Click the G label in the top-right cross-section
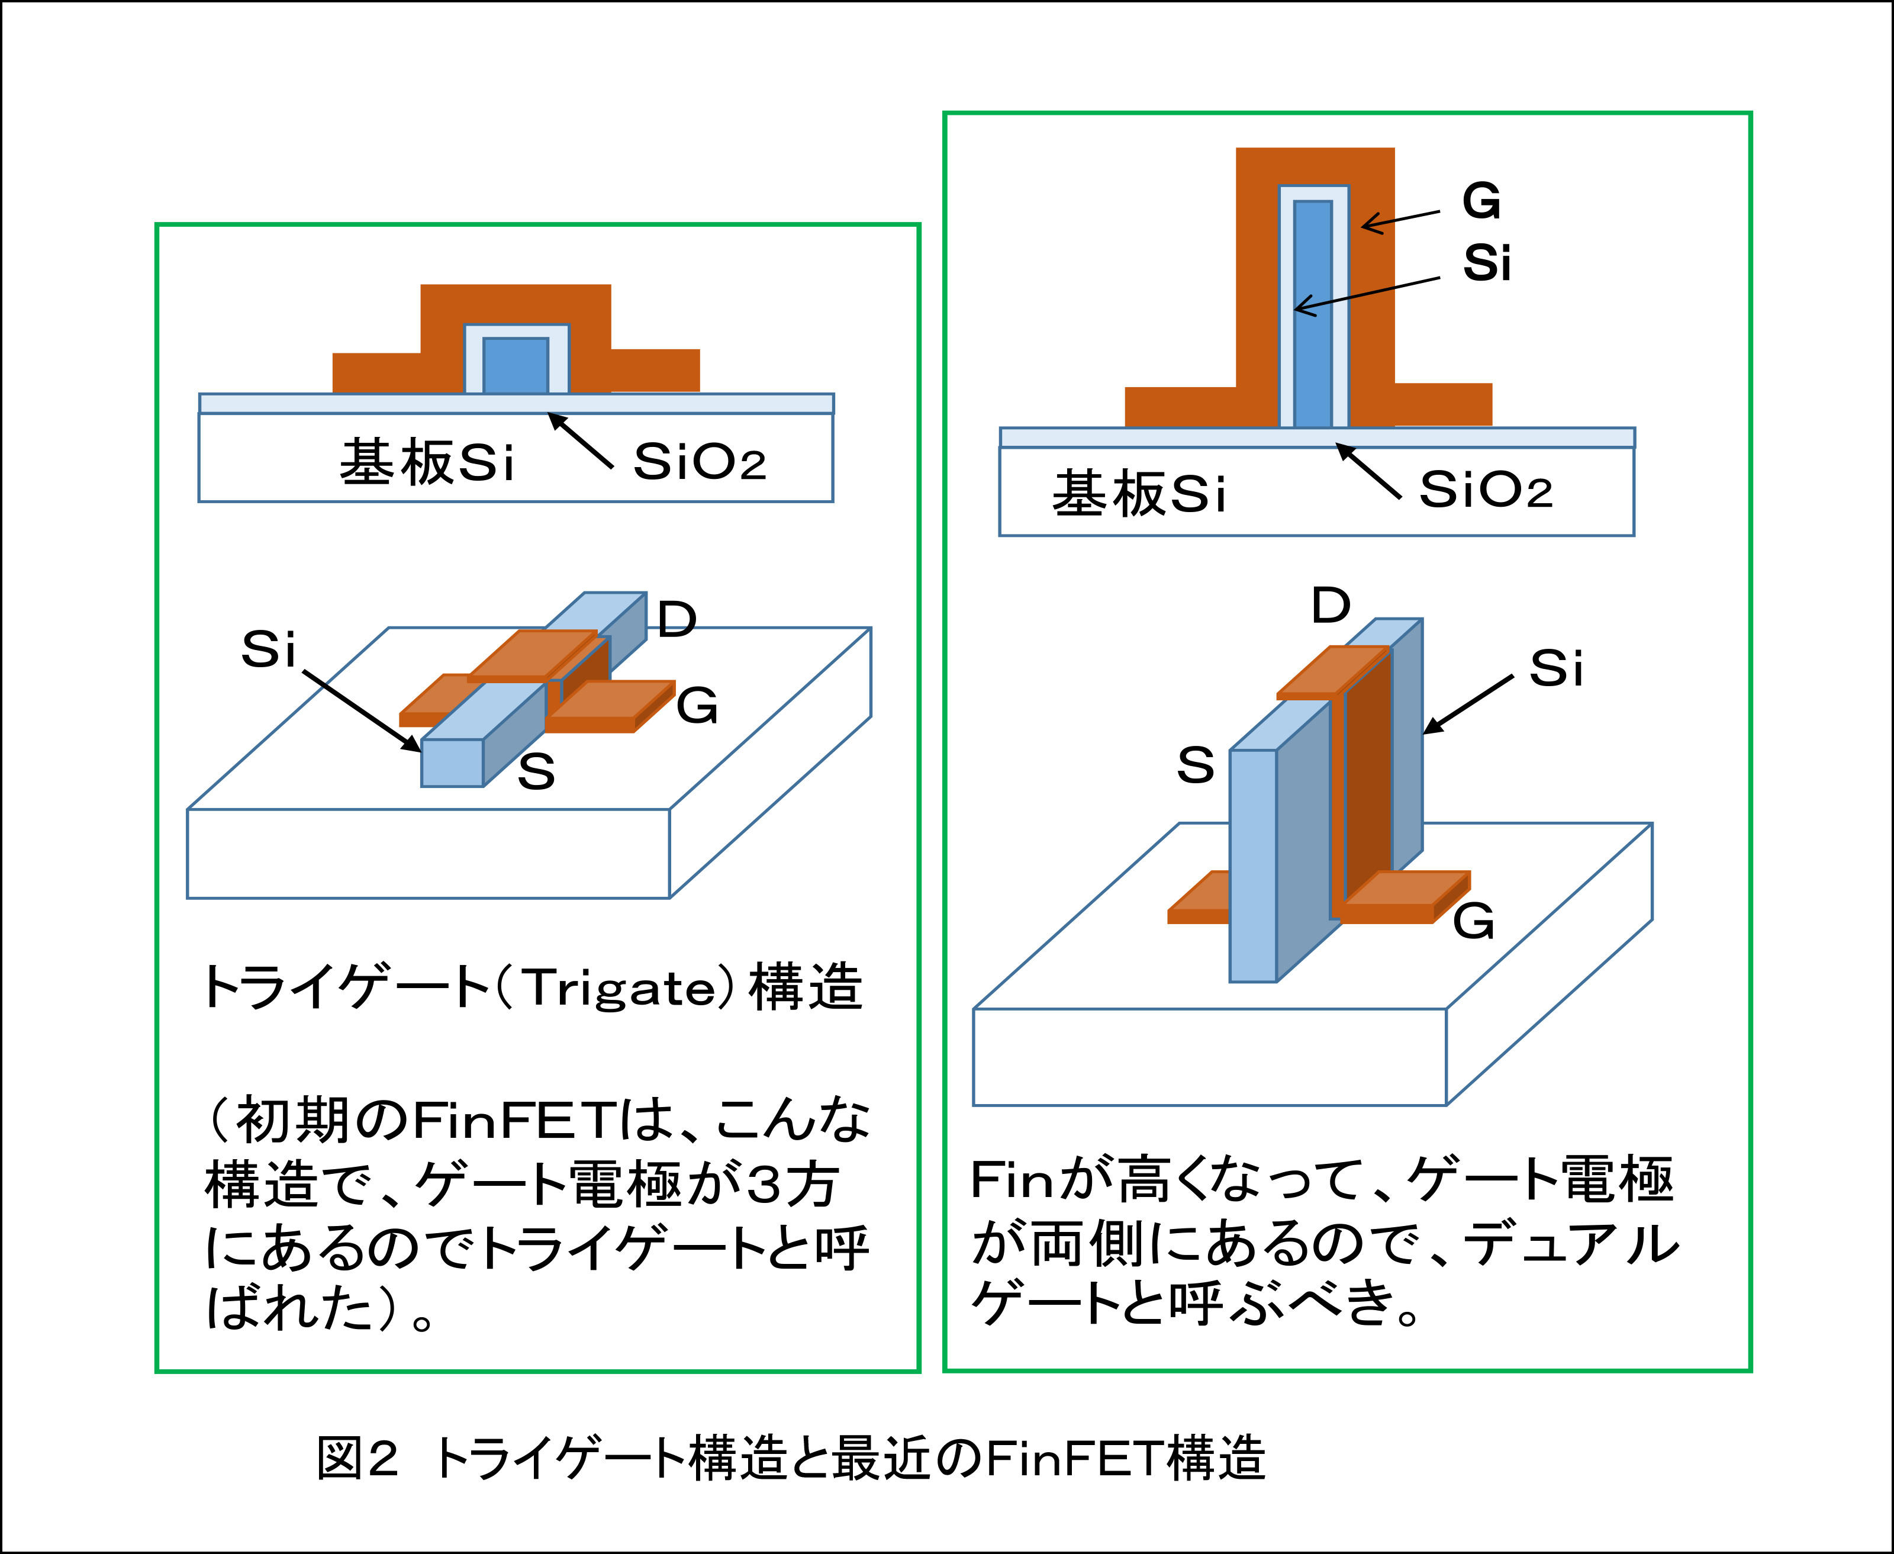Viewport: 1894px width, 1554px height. click(x=1481, y=201)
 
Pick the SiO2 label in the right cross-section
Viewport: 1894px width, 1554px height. click(x=1485, y=491)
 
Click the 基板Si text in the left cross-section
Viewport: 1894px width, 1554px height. click(x=426, y=463)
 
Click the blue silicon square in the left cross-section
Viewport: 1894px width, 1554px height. click(x=516, y=365)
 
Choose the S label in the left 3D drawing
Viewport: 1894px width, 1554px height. click(x=536, y=771)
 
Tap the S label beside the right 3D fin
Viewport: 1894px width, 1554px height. click(x=1196, y=765)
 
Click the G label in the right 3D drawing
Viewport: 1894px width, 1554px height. click(x=1473, y=921)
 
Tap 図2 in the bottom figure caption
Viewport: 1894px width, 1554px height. click(x=356, y=1458)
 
